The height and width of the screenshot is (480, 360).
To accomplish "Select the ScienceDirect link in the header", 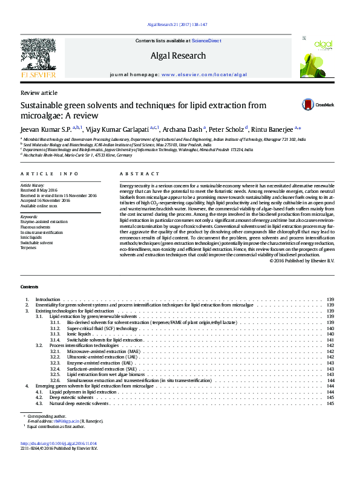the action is (206, 41).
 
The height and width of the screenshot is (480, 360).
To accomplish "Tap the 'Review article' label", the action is (39, 92).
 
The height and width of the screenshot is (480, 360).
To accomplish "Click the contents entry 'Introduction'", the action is (48, 299).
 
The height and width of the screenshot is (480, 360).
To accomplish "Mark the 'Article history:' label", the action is (33, 184).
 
